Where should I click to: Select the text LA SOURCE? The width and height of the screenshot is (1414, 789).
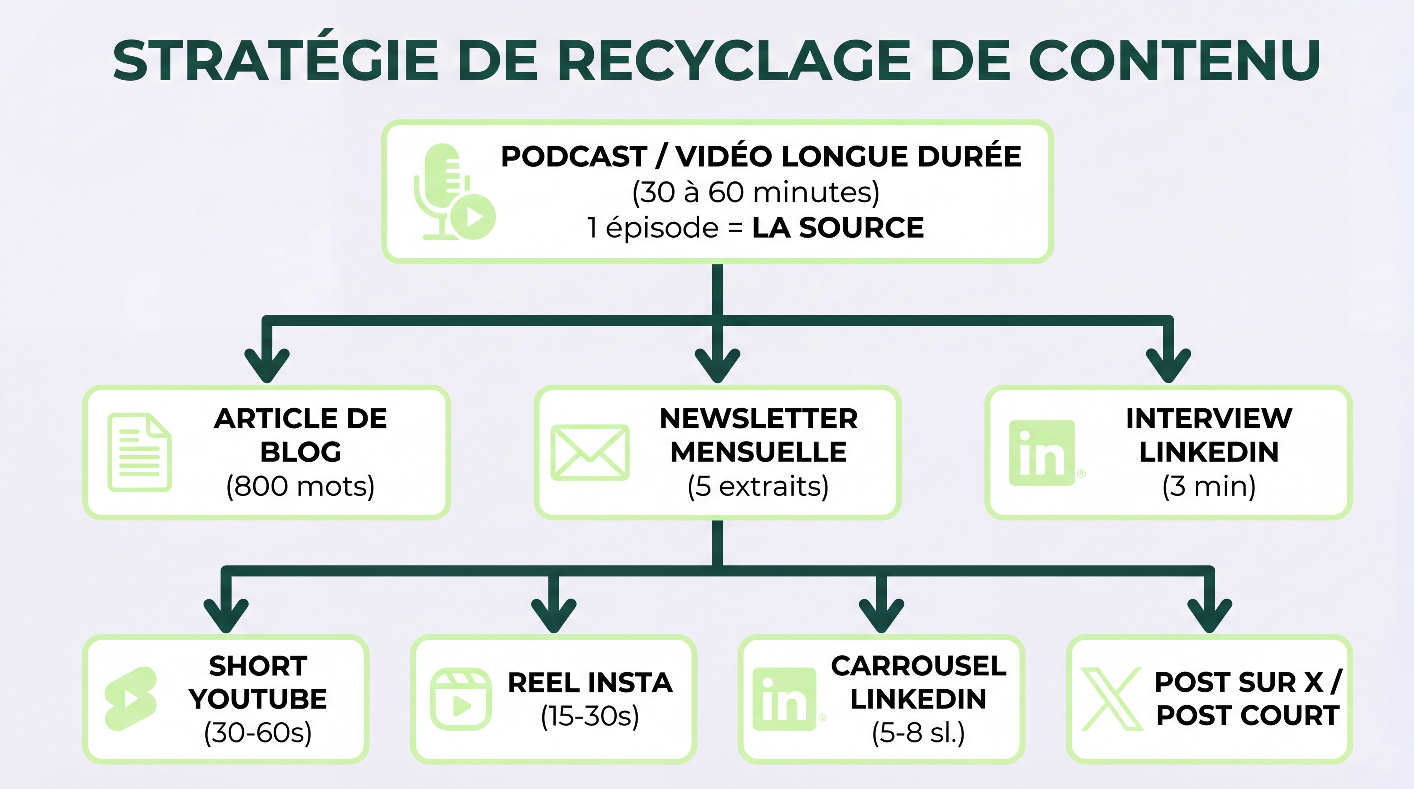tap(838, 228)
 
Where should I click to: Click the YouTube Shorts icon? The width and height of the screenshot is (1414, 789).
tap(131, 699)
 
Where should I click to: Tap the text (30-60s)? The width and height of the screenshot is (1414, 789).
tap(257, 732)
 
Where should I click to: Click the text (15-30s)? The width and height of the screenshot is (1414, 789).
tap(590, 716)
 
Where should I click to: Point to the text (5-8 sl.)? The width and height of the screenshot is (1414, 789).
tap(918, 732)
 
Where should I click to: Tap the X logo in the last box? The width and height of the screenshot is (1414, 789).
tap(1112, 699)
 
